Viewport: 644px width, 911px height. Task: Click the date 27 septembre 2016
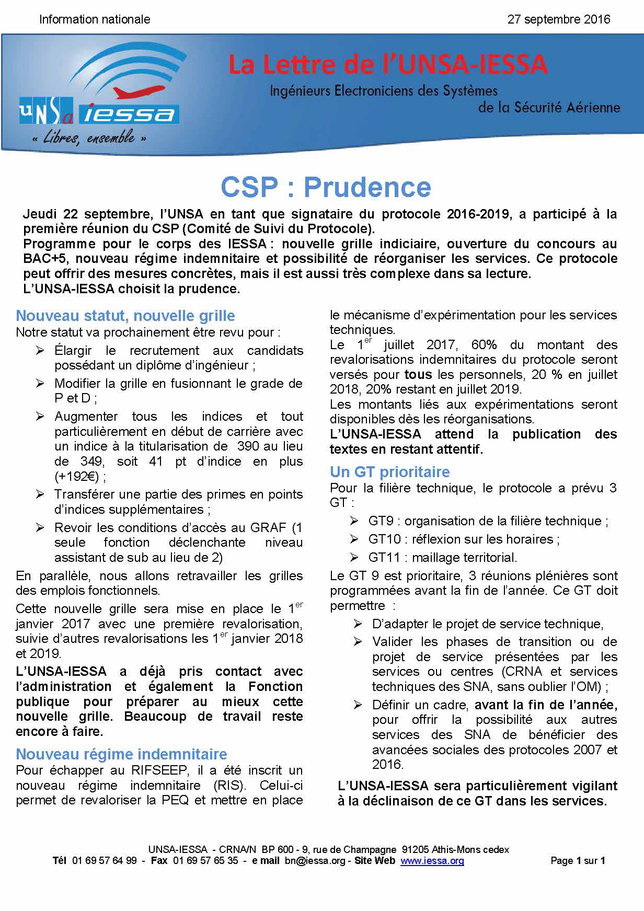(558, 19)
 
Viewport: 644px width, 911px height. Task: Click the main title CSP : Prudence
(326, 187)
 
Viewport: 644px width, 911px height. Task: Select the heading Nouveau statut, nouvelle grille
(125, 316)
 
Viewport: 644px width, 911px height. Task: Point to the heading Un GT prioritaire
(389, 472)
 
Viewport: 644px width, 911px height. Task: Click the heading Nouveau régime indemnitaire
(121, 754)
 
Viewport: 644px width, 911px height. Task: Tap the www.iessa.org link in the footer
(432, 861)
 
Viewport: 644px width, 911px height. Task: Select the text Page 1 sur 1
(578, 861)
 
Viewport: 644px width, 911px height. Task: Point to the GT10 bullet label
(384, 539)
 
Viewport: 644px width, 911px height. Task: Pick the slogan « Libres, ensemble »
(88, 138)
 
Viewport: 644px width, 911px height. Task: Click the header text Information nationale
(95, 19)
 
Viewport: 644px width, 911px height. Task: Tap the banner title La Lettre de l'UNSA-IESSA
(387, 65)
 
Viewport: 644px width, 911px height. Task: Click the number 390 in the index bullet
(248, 446)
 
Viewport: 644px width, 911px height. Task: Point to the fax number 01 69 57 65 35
(205, 861)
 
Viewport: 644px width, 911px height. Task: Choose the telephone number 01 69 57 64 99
(105, 861)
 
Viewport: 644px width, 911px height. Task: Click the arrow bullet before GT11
(354, 558)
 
